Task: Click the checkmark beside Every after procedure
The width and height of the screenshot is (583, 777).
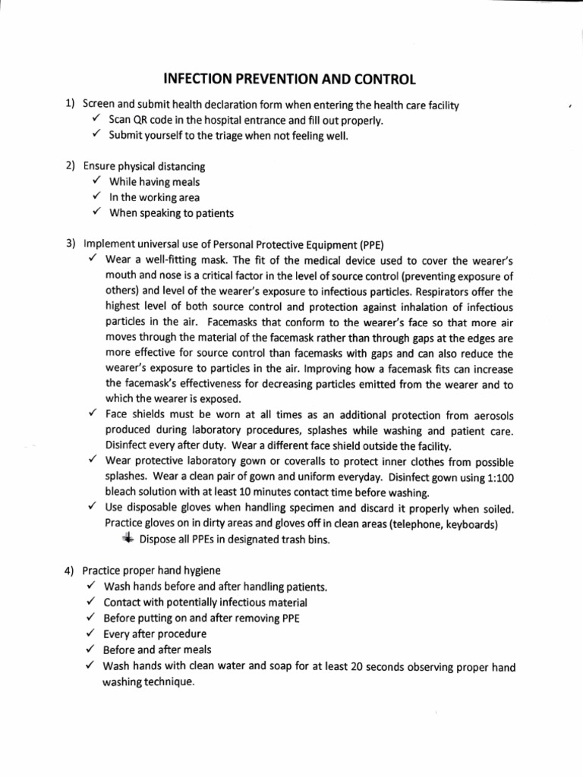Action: tap(90, 634)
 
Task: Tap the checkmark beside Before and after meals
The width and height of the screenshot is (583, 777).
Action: tap(90, 650)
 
